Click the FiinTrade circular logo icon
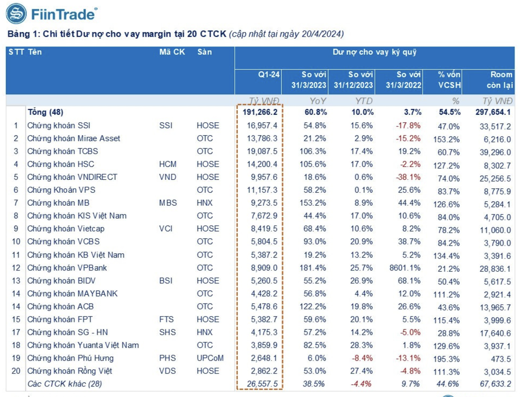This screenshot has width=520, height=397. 16,13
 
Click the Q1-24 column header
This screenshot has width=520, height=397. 268,75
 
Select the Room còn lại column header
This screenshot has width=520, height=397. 500,80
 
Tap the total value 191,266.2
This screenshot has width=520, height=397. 260,112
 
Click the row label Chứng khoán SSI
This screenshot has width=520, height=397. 59,125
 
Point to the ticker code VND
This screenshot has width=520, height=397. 168,177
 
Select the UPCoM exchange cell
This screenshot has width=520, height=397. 210,358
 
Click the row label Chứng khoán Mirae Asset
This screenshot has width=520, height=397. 73,138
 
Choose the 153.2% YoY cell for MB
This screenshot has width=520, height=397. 312,203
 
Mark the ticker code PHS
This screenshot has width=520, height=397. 167,358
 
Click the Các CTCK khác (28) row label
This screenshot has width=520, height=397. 64,384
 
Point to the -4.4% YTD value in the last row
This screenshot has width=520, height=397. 361,384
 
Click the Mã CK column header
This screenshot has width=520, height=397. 172,52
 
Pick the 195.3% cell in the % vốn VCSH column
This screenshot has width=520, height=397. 446,359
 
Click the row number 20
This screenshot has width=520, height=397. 16,371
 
